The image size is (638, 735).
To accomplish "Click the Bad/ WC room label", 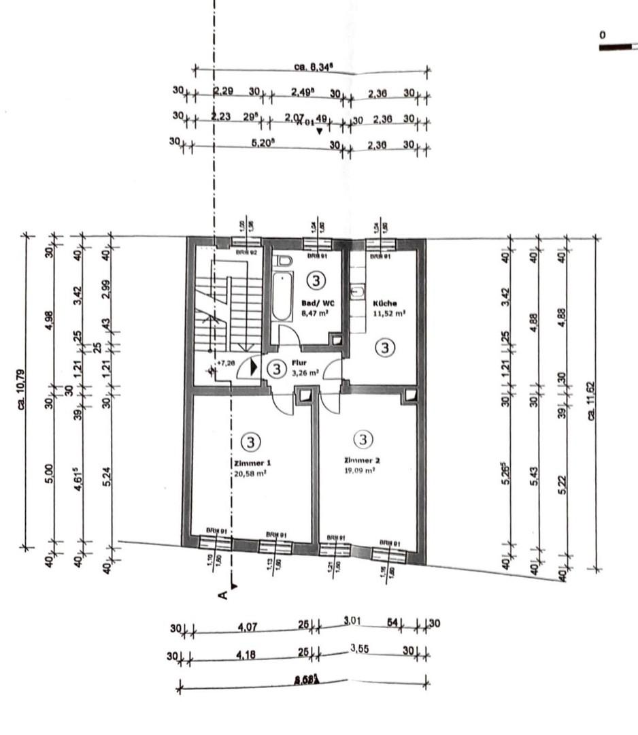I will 314,304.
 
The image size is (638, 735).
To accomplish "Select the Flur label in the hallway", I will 299,363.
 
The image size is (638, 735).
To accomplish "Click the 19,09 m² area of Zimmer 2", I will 359,470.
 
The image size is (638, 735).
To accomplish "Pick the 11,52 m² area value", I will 389,314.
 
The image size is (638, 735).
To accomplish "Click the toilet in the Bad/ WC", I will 284,261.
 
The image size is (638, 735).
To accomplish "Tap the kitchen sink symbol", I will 356,293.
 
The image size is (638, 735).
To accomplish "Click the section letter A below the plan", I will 222,595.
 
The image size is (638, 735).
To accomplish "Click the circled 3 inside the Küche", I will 385,348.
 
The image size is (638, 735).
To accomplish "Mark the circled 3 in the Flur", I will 275,369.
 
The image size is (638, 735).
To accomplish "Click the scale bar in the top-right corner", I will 618,47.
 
